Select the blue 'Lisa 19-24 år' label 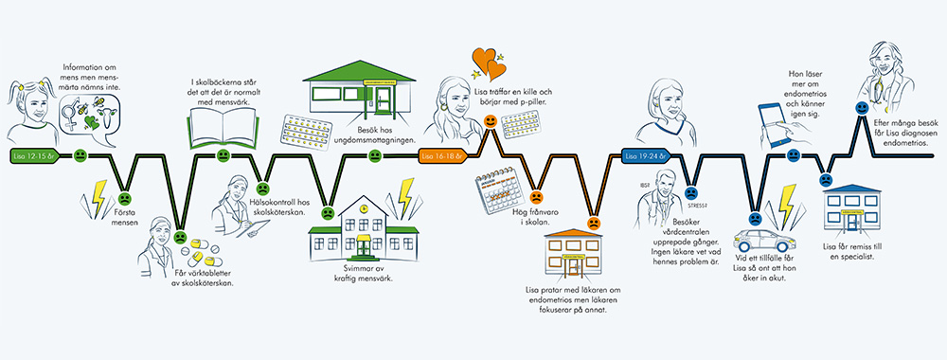point(648,154)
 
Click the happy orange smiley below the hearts point(490,121)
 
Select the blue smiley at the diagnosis point(861,110)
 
